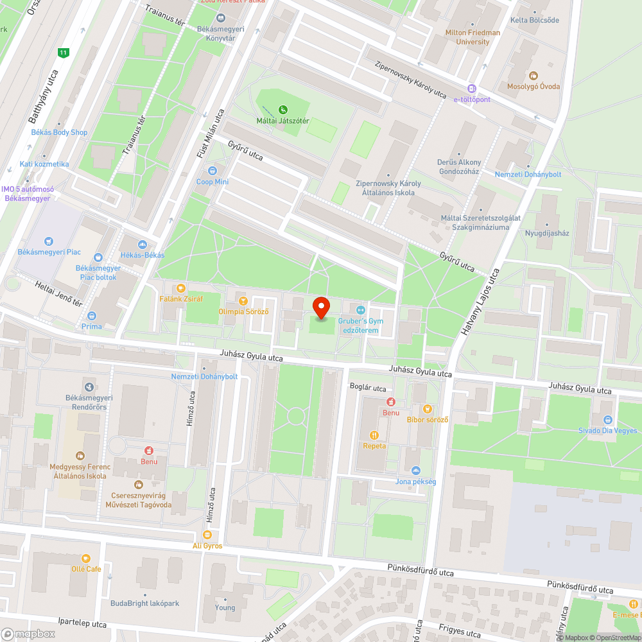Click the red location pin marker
pyautogui.click(x=320, y=308)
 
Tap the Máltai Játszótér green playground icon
pyautogui.click(x=283, y=110)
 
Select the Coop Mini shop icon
pyautogui.click(x=213, y=171)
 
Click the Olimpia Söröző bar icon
pyautogui.click(x=243, y=300)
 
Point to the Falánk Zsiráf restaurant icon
pyautogui.click(x=181, y=288)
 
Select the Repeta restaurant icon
pyautogui.click(x=374, y=435)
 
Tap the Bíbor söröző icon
pyautogui.click(x=428, y=408)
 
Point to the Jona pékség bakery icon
pyautogui.click(x=416, y=471)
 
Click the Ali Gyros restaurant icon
pyautogui.click(x=207, y=534)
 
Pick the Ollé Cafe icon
pyautogui.click(x=86, y=558)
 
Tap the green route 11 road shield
pyautogui.click(x=63, y=53)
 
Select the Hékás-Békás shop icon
pyautogui.click(x=142, y=244)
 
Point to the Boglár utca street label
pyautogui.click(x=368, y=388)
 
